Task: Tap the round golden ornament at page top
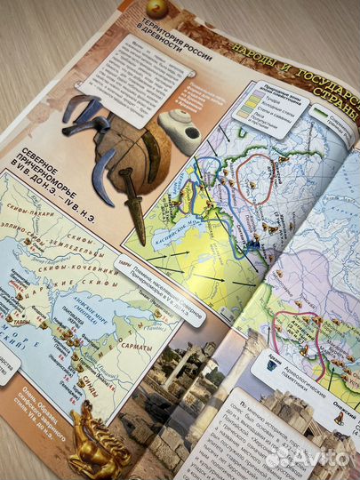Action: pos(156,8)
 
